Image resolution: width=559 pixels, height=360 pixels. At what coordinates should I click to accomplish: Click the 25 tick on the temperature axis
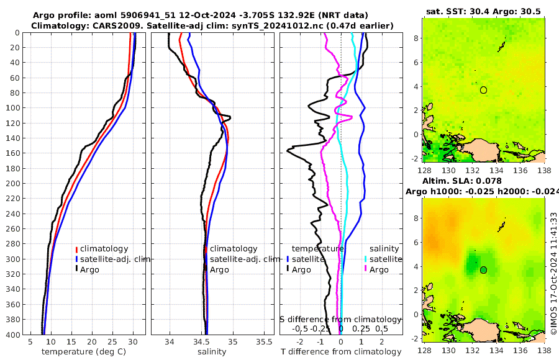pos(113,342)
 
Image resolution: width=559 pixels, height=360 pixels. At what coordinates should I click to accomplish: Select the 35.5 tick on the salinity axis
pos(264,342)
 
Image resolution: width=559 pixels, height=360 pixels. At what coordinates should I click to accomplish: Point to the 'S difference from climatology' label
pos(340,319)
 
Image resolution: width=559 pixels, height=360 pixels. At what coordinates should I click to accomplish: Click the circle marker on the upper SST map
pos(483,90)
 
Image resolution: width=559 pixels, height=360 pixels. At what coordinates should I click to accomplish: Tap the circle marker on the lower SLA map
pos(483,270)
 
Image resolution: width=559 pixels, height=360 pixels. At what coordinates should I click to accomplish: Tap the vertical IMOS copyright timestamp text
pos(553,271)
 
